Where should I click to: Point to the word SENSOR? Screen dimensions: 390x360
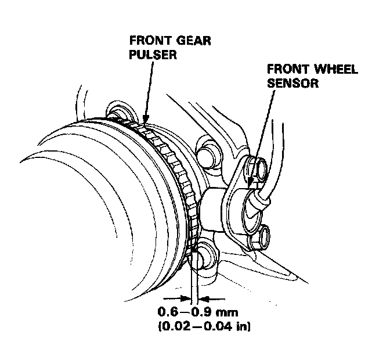tap(294, 83)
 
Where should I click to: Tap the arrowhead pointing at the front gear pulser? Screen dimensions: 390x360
tap(143, 124)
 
